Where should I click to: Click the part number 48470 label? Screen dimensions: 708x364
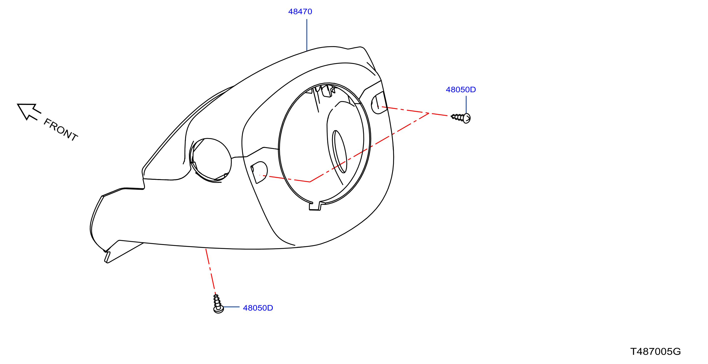point(300,12)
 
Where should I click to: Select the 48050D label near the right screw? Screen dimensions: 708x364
point(461,90)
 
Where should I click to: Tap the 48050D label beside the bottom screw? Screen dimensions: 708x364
point(258,308)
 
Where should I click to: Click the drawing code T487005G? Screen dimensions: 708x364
point(656,352)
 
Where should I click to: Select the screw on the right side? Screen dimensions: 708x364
point(461,118)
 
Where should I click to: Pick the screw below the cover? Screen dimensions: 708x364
point(218,304)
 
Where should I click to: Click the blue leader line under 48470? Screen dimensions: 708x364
point(307,35)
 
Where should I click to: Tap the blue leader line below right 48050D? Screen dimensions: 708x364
point(466,104)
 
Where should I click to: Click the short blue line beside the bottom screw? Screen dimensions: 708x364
point(231,307)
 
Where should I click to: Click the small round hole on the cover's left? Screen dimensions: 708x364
point(211,160)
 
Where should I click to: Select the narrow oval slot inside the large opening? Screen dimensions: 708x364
point(340,152)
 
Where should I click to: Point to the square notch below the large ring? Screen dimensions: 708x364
point(315,206)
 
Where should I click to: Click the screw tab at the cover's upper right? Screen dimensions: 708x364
point(379,103)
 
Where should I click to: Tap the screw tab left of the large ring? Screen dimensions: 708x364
point(259,172)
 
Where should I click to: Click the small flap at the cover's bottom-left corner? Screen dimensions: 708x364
point(107,257)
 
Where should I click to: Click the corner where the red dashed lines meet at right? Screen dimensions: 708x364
point(429,113)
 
